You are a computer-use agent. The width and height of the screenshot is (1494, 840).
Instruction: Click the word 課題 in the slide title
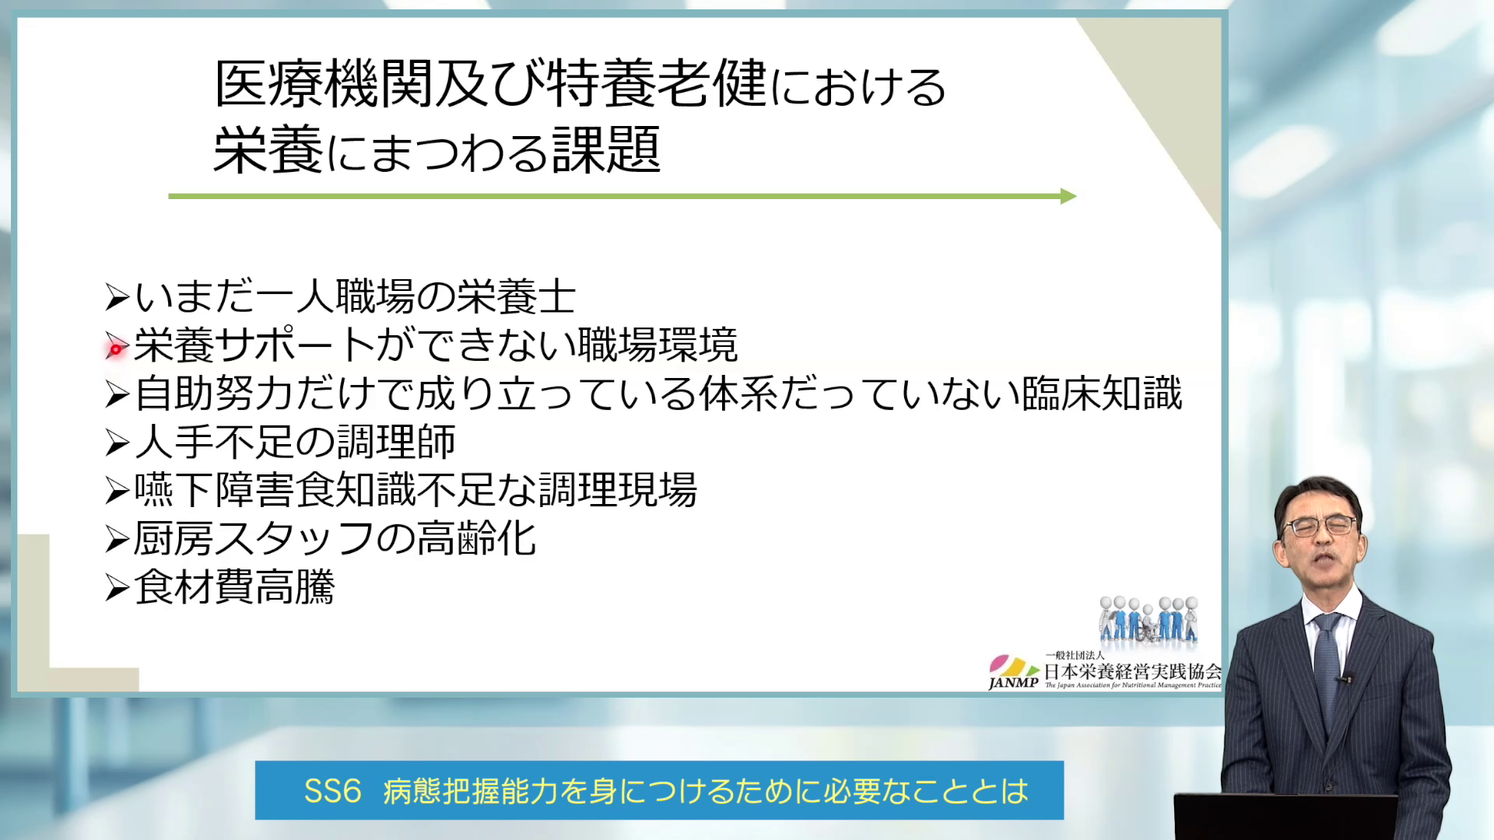pos(606,150)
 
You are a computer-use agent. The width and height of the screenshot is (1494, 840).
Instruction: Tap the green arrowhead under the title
pos(1068,196)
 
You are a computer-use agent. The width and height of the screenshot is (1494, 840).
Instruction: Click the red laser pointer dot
pos(116,350)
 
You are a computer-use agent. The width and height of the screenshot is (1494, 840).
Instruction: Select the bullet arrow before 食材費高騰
pos(117,588)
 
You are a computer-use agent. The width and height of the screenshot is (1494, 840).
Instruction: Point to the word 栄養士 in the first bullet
pos(516,297)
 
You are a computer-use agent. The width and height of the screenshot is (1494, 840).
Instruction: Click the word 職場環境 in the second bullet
pos(658,345)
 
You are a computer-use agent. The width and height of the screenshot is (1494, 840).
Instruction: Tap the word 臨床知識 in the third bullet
pos(1102,394)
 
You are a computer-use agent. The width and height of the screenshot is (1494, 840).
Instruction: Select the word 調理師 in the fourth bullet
pos(396,442)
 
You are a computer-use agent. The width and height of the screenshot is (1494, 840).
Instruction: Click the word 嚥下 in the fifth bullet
pos(174,490)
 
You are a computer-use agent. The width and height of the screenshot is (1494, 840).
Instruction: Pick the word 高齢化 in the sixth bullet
pos(476,538)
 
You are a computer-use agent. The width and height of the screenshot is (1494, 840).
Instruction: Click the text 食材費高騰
pos(234,587)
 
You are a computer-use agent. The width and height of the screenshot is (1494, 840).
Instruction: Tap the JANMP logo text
pos(1013,683)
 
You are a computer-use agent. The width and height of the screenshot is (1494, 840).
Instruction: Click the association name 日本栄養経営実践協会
pos(1132,671)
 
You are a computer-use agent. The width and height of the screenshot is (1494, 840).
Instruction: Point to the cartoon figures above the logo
pos(1149,620)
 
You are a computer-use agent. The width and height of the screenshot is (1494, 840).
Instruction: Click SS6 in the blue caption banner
pos(332,791)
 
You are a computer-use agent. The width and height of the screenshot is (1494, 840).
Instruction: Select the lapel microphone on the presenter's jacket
pos(1344,679)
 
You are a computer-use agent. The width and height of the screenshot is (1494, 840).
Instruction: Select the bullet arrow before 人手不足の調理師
pos(117,443)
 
